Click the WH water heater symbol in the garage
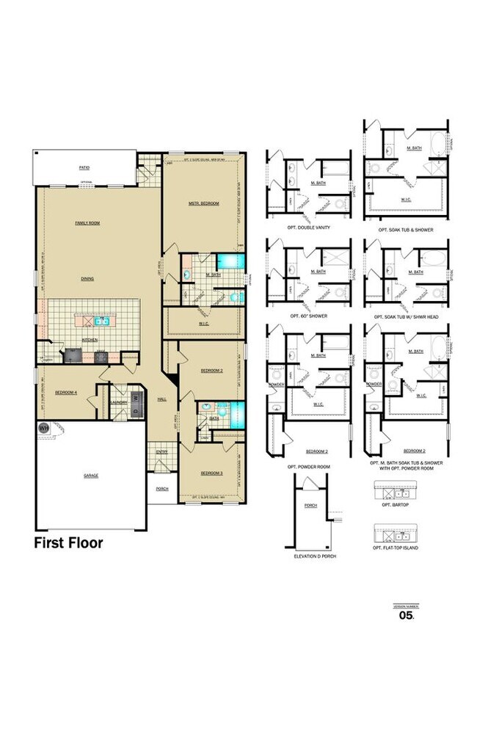[x=43, y=428]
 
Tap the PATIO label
[x=85, y=168]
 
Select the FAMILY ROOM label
[x=87, y=222]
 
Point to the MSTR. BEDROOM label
[x=203, y=203]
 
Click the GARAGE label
[x=91, y=475]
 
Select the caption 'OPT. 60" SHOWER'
[x=309, y=316]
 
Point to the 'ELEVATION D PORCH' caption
[x=310, y=556]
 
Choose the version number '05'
[x=407, y=617]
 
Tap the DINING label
[x=87, y=279]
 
